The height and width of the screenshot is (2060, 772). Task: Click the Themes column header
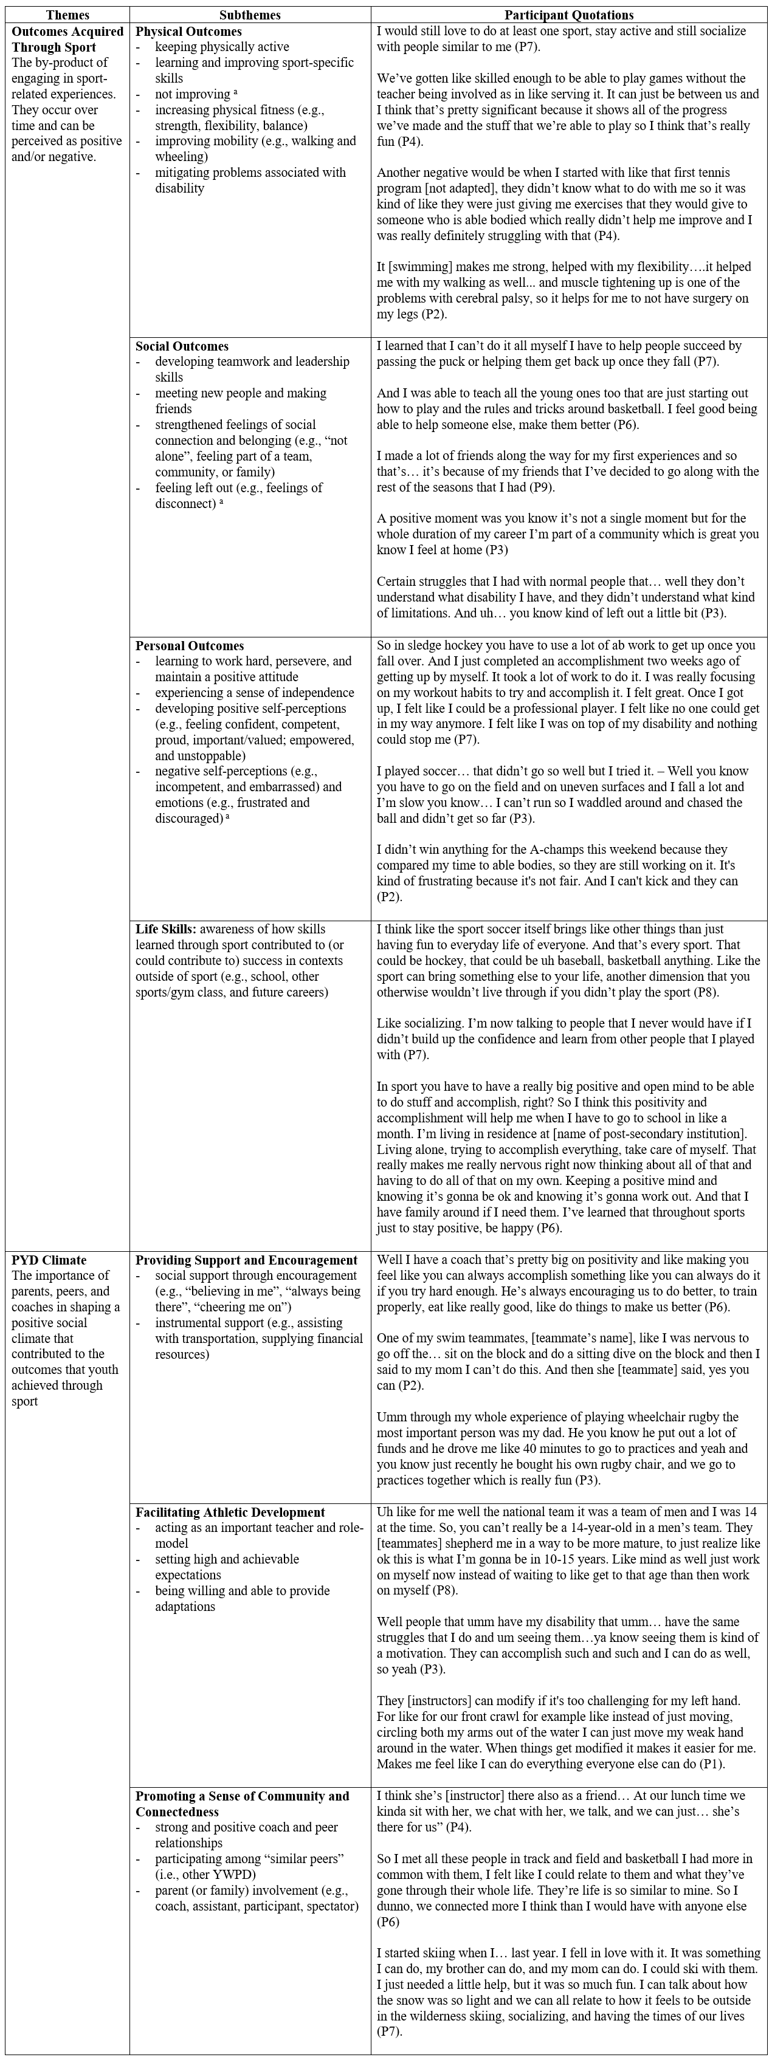67,15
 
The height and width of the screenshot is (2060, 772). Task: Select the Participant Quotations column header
569,15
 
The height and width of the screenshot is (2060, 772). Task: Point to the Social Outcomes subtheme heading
182,346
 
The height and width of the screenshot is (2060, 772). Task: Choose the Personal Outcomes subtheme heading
190,646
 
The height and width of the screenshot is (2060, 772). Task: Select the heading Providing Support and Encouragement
246,1260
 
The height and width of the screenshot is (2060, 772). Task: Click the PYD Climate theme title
49,1260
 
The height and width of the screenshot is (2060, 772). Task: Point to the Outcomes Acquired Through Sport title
68,39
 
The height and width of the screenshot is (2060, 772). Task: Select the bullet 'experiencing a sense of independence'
255,693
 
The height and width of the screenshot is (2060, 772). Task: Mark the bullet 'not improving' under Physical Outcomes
193,94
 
